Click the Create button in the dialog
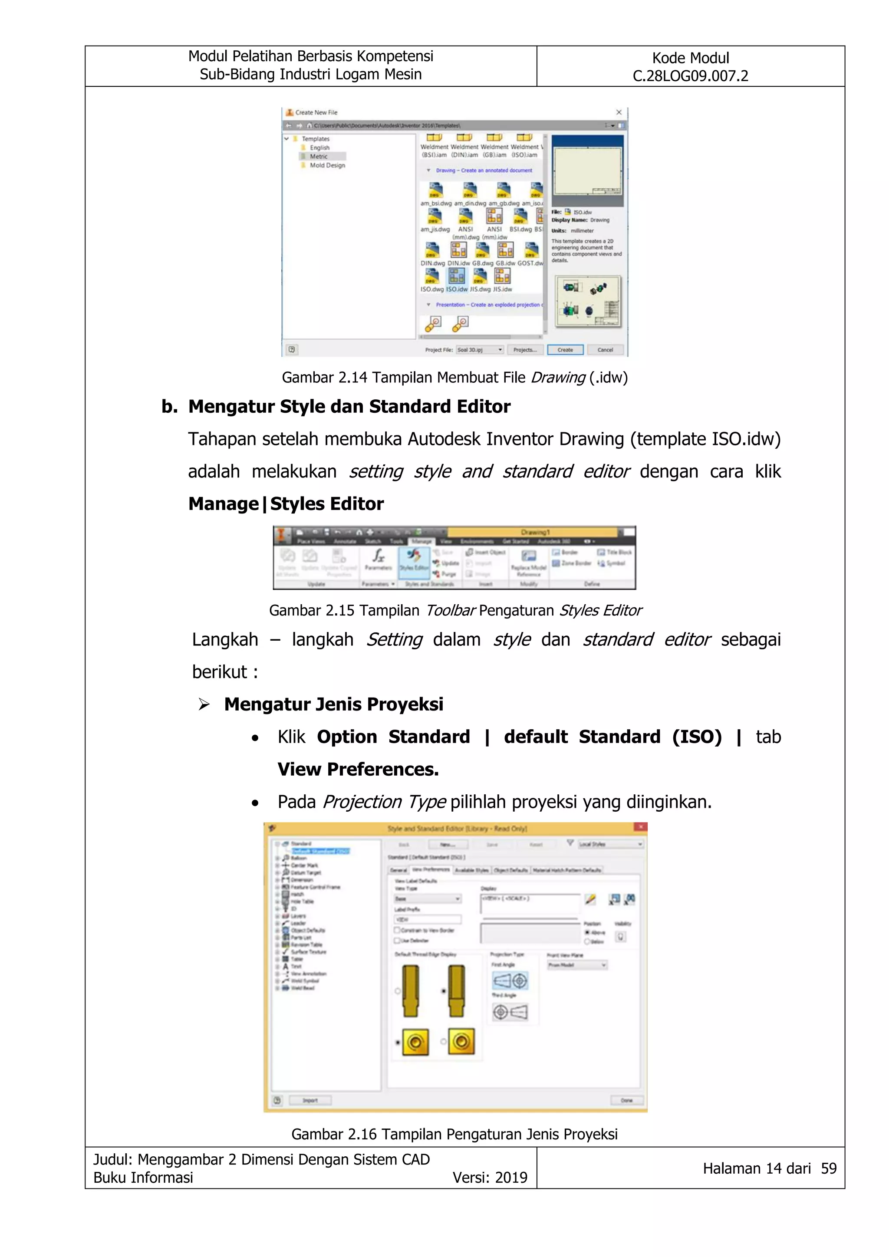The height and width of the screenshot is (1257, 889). [565, 350]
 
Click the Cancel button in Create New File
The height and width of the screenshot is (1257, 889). [605, 350]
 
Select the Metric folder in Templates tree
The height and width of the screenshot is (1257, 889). [318, 157]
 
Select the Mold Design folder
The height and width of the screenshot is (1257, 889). [327, 165]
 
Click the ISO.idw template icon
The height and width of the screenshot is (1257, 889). [457, 277]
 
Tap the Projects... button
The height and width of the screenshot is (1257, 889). [525, 350]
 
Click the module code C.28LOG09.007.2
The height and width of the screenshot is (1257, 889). [690, 76]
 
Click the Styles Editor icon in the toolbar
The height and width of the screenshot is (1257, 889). [414, 557]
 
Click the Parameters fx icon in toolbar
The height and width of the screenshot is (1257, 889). [378, 557]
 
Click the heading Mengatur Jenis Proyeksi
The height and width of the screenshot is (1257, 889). [333, 704]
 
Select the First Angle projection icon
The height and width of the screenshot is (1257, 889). [510, 981]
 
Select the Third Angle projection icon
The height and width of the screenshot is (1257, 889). [510, 1012]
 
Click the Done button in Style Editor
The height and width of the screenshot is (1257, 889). [626, 1100]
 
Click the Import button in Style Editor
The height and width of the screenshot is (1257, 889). [310, 1100]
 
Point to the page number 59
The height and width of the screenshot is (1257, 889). [828, 1168]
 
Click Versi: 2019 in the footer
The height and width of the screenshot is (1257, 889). [489, 1178]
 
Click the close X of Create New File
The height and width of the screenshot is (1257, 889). [619, 112]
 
